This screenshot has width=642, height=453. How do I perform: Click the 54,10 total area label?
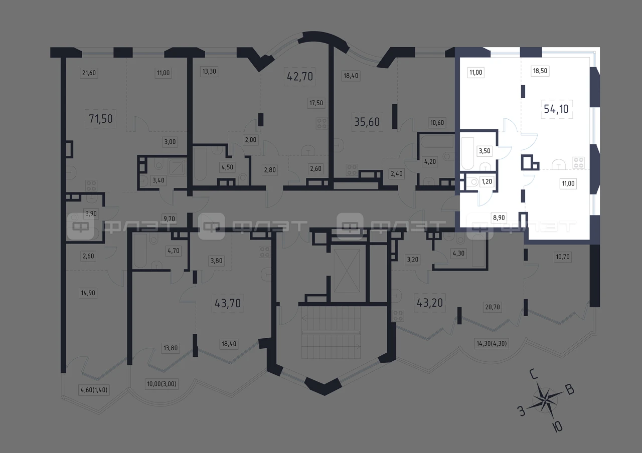pos(556,109)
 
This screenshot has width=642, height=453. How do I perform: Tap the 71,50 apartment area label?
pos(101,119)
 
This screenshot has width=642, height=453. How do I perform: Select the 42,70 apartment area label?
pos(300,77)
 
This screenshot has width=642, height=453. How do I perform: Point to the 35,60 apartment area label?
pos(367,122)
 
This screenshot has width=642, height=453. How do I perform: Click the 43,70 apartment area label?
pos(228,303)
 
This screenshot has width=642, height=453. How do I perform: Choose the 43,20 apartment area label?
pos(430,303)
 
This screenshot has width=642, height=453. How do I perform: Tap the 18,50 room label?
pos(540,71)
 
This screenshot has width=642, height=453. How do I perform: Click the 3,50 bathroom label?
pos(485,151)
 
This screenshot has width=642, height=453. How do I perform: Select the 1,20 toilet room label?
pos(487,181)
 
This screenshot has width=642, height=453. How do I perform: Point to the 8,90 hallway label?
pos(499,217)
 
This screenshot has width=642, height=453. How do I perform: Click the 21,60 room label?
pos(89,73)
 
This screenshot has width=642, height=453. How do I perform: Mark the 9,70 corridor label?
pos(169,219)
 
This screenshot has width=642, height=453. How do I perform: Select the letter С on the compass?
pos(534,374)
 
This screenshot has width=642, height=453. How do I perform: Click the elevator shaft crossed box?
pos(347,271)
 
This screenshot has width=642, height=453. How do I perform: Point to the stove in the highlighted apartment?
pos(578,163)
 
